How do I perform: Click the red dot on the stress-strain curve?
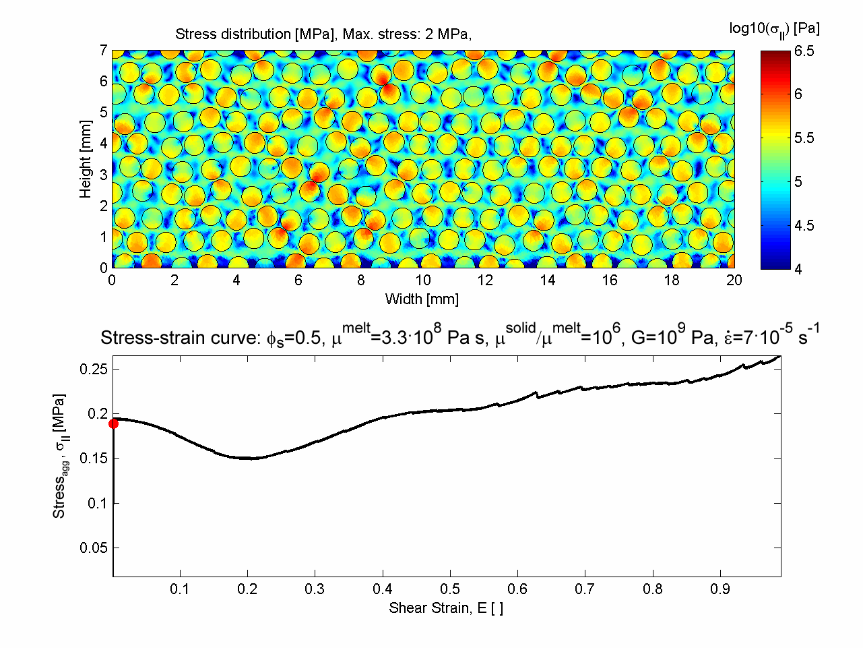pyautogui.click(x=113, y=423)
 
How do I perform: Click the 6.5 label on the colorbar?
pyautogui.click(x=804, y=51)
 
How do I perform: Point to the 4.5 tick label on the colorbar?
pyautogui.click(x=804, y=225)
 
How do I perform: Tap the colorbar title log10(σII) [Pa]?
pyautogui.click(x=774, y=28)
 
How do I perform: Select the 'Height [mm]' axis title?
pyautogui.click(x=85, y=159)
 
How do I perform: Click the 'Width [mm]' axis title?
pyautogui.click(x=422, y=299)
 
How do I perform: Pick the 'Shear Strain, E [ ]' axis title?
pyautogui.click(x=446, y=608)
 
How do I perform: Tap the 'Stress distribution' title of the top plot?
pyautogui.click(x=323, y=34)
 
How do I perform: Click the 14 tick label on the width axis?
pyautogui.click(x=548, y=281)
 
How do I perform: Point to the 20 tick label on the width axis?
pyautogui.click(x=734, y=281)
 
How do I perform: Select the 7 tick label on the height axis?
pyautogui.click(x=104, y=51)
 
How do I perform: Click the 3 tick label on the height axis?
pyautogui.click(x=104, y=175)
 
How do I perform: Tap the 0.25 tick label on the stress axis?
pyautogui.click(x=94, y=369)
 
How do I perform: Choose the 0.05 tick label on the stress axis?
pyautogui.click(x=94, y=548)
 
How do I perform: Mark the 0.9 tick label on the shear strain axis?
pyautogui.click(x=720, y=589)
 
